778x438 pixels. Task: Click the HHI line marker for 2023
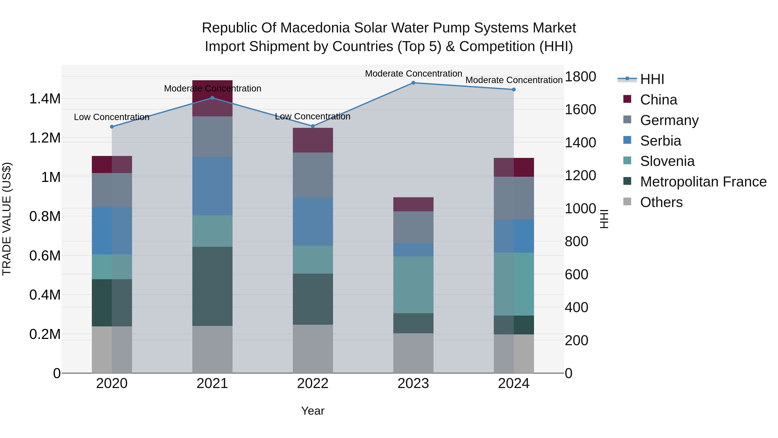tap(413, 83)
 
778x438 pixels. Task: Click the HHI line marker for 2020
tap(112, 127)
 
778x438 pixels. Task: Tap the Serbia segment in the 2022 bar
tap(313, 221)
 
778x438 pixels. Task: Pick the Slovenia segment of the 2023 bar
tap(413, 285)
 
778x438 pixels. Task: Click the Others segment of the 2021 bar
tap(212, 350)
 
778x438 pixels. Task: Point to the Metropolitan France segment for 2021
tap(212, 286)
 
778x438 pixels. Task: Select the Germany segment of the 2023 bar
tap(413, 227)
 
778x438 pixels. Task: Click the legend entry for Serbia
tap(660, 141)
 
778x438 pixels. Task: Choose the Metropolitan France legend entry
tap(703, 182)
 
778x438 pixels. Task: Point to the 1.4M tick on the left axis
tap(45, 99)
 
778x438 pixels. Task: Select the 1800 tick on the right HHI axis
tap(580, 77)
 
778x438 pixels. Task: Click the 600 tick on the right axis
tap(576, 274)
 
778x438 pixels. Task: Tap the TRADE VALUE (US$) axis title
tap(7, 219)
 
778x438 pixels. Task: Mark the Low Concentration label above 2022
tap(312, 116)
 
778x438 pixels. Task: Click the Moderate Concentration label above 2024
tap(514, 80)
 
